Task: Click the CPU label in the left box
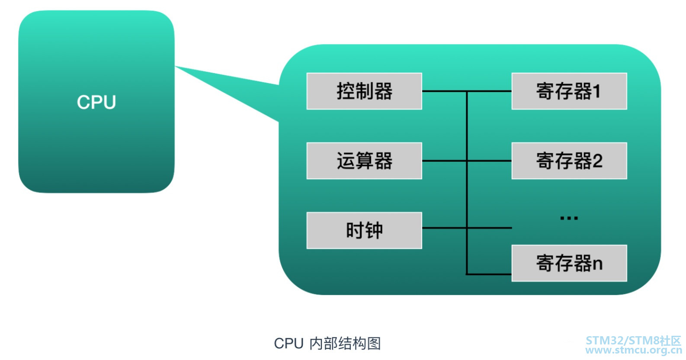96,103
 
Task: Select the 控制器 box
364,91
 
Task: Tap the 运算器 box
364,161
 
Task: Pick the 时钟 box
364,230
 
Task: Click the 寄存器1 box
569,91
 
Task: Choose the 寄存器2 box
569,161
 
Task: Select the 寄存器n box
569,263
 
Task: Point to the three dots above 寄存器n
569,218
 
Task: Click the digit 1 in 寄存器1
597,91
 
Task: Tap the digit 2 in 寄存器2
597,161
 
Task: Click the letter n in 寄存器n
597,264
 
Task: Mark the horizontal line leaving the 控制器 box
443,91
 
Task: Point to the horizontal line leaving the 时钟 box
443,228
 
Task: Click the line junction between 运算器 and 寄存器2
467,161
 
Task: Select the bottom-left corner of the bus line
467,274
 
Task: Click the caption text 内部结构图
345,343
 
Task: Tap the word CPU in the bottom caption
289,343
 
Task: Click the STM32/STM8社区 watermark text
633,340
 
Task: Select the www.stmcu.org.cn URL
633,350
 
